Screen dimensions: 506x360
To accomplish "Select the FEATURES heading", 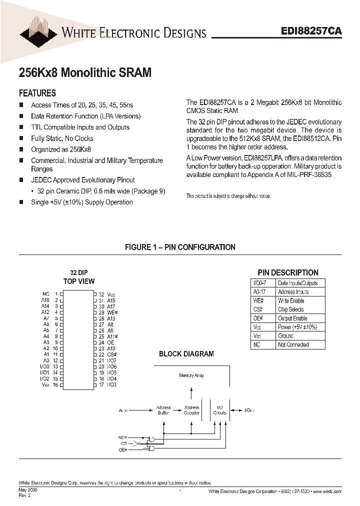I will (x=37, y=93).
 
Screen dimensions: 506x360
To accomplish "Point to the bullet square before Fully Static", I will (x=21, y=138).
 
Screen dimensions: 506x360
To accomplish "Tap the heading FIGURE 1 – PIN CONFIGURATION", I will (x=180, y=247).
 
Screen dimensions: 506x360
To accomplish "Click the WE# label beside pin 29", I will (x=112, y=312).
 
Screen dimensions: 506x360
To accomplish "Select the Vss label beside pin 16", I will (x=45, y=384).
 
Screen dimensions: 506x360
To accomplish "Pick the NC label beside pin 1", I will (x=46, y=294).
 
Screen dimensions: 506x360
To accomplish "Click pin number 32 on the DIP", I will (x=101, y=294).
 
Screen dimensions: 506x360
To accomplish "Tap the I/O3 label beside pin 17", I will (x=111, y=384).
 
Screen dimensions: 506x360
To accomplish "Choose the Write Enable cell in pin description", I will (x=291, y=300).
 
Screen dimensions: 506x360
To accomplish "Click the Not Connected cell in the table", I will (x=293, y=344).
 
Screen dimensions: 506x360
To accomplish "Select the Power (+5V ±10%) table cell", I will (x=297, y=327).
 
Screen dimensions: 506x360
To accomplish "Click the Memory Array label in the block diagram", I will (x=191, y=375).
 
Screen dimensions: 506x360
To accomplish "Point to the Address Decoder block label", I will (x=191, y=410).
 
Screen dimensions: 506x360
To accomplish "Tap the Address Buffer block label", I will (x=163, y=410).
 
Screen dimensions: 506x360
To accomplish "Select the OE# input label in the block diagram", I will (x=123, y=450).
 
